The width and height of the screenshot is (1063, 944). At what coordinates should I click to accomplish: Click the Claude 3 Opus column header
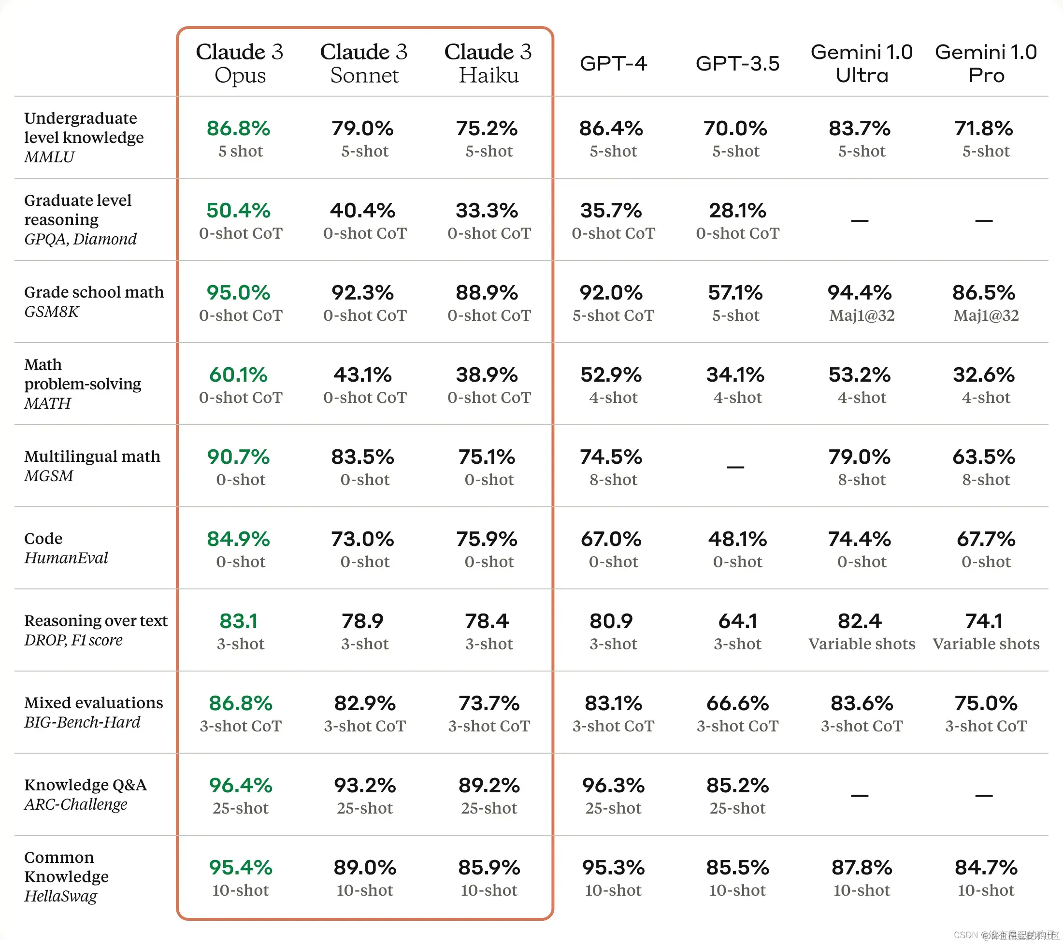coord(240,63)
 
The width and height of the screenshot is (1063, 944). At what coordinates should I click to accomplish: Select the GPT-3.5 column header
coord(737,63)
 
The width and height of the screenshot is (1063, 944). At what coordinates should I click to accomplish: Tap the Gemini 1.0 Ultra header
coord(861,63)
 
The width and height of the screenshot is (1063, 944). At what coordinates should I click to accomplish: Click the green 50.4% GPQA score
coord(238,211)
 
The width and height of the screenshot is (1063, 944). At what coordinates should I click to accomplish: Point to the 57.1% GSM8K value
coord(735,293)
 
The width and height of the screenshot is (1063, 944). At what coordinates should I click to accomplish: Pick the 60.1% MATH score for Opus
coord(238,375)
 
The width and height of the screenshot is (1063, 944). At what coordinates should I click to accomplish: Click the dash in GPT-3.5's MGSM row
coord(735,467)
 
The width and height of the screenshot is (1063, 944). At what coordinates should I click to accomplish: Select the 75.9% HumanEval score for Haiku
coord(487,539)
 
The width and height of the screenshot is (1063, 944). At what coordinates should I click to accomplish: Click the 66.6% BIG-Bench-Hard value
coord(737,704)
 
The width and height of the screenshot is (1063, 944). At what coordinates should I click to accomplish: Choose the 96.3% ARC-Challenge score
coord(613,786)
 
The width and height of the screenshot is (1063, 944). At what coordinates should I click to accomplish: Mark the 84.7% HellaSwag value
coord(986,868)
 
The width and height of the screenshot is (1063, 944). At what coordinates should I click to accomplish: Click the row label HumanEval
coord(66,558)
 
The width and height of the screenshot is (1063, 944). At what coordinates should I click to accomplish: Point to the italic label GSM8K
coord(52,312)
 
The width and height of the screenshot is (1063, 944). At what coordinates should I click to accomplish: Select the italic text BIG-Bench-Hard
coord(82,722)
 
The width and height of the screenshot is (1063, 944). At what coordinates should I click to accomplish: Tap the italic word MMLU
coord(49,157)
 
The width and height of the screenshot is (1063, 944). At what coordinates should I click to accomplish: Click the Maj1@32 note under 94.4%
coord(862,315)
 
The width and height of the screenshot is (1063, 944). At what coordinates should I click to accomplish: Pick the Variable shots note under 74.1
coord(986,644)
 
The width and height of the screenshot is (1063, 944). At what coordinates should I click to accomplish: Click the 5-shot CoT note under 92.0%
coord(613,315)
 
